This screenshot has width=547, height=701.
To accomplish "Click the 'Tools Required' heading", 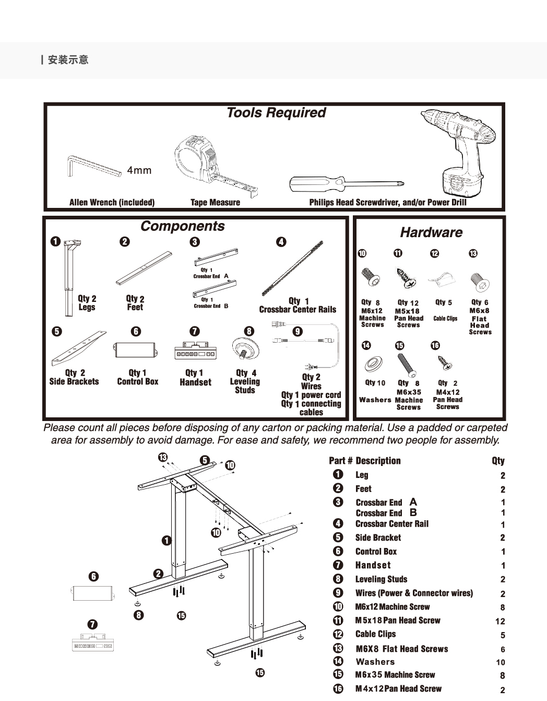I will pos(276,113).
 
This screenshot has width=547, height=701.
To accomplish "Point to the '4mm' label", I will pos(139,170).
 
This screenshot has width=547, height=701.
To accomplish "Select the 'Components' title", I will pos(182,226).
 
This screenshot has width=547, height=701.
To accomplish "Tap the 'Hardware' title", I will pos(431,232).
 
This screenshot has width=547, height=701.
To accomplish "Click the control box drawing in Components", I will pos(135,350).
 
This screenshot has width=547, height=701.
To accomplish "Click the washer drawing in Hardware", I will pos(373,364).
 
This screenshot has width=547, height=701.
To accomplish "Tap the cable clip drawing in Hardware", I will pos(442,279).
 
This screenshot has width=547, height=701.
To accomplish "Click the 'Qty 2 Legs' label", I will pos(87,303).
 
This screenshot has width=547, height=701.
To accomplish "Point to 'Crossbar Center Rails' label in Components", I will pos(298,309).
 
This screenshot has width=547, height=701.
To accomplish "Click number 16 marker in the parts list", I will pos(338,688).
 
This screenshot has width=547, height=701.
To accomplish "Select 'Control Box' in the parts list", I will pos(376,552).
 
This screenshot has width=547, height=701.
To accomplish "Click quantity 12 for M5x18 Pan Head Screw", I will pos(500,621).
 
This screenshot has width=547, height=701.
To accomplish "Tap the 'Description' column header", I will pos(378,461).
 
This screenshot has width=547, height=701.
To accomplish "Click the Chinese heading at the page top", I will pos(68,60).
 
